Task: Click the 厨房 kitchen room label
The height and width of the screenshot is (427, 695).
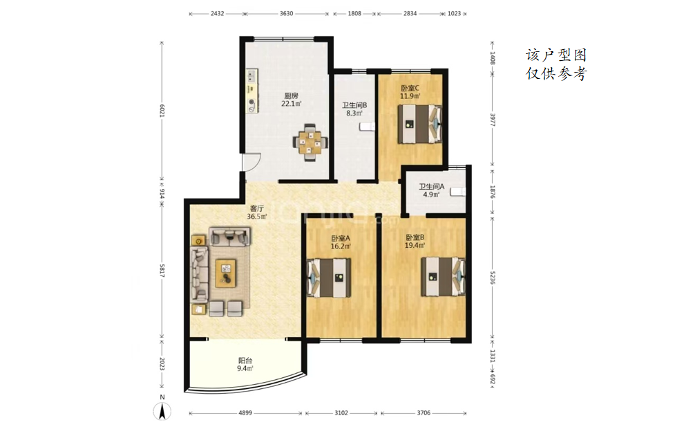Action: click(292, 96)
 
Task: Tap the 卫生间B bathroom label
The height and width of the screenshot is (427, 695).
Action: click(354, 106)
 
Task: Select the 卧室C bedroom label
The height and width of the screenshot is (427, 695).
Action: click(410, 89)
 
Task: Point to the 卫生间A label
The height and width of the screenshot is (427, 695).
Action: click(431, 187)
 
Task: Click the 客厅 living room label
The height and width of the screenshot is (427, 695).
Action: click(257, 208)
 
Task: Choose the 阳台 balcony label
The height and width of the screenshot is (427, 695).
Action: click(245, 361)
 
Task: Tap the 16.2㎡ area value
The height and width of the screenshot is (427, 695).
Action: click(341, 246)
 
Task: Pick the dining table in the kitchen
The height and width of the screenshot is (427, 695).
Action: click(310, 143)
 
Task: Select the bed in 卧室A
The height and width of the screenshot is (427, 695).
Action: click(329, 278)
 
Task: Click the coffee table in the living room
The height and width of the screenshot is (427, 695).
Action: click(226, 273)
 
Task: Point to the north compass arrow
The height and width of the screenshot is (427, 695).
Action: click(162, 412)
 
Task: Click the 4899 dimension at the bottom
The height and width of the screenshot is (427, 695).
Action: click(245, 413)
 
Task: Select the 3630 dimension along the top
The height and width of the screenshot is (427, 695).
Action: click(286, 14)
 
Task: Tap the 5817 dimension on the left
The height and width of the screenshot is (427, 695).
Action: click(162, 271)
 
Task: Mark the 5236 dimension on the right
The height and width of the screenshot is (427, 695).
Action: click(493, 278)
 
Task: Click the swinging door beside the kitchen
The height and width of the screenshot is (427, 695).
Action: click(251, 161)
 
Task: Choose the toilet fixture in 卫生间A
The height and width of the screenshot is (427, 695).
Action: click(458, 192)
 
